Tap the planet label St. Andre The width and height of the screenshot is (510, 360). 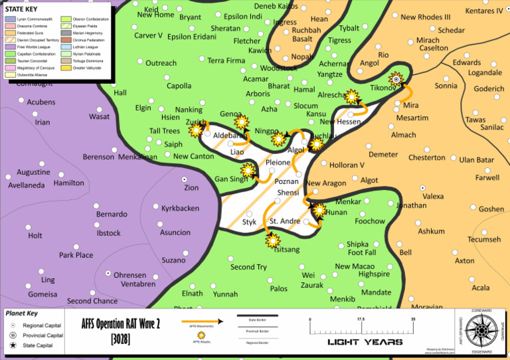(285, 221)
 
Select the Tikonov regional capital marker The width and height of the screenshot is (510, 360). (396, 80)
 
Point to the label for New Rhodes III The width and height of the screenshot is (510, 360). (426, 17)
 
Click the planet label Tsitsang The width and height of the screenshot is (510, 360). (286, 250)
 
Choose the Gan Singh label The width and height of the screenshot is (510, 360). (230, 179)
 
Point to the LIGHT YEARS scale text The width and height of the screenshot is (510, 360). (365, 342)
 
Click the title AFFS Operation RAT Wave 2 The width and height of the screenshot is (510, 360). (121, 325)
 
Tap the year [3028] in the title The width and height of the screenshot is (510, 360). (121, 339)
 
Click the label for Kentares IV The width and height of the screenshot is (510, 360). (484, 11)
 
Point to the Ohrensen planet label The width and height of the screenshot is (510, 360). (129, 275)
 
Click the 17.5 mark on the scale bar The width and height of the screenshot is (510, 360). (361, 319)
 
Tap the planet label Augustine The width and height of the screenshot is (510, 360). (33, 173)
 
